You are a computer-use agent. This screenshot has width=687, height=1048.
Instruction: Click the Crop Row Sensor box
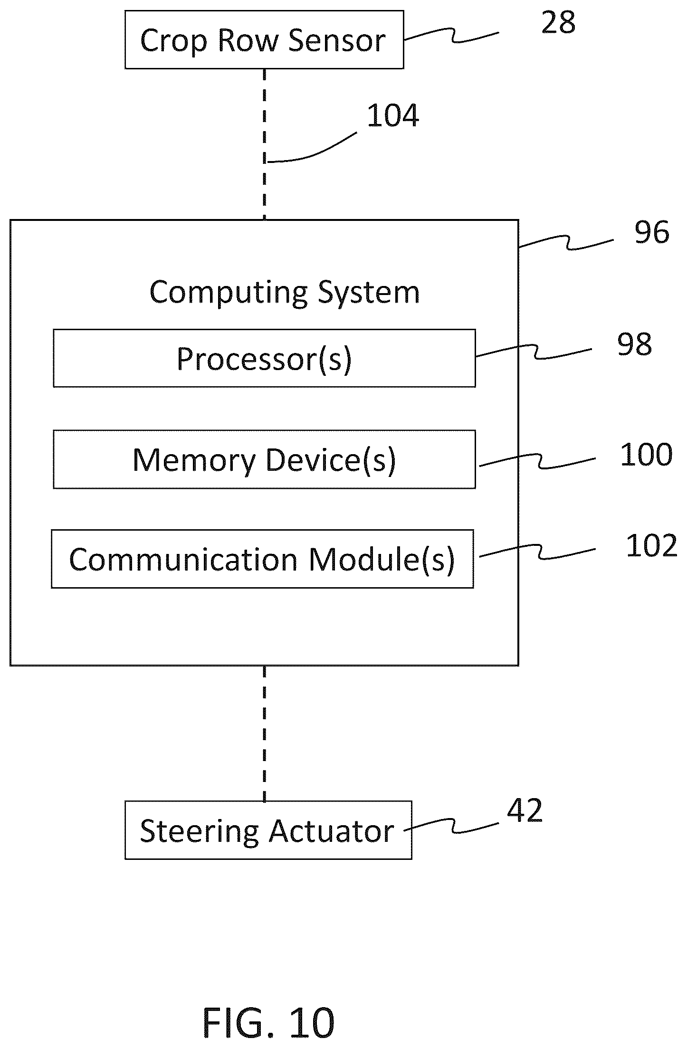264,40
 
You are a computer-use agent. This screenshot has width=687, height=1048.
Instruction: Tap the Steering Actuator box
268,830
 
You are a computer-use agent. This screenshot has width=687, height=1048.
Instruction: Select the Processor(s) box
264,358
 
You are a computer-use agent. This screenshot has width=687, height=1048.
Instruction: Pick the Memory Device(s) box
264,459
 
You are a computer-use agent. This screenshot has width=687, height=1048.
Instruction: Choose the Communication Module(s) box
262,559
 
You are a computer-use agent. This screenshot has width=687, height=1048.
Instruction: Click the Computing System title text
285,292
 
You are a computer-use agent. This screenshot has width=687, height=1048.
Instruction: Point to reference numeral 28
558,22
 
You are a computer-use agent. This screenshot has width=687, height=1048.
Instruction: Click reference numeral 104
393,115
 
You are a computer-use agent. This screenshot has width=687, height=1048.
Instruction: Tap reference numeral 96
652,232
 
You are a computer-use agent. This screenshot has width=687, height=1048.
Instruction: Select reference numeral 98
634,344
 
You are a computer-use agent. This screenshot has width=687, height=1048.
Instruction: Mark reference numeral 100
646,454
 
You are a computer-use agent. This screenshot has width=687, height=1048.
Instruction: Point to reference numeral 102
651,545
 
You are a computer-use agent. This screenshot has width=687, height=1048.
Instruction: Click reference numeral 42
525,810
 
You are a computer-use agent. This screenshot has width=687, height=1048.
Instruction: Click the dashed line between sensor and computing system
265,144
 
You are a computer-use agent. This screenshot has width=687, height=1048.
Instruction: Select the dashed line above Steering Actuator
265,734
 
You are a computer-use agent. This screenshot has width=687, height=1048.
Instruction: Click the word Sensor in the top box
337,41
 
